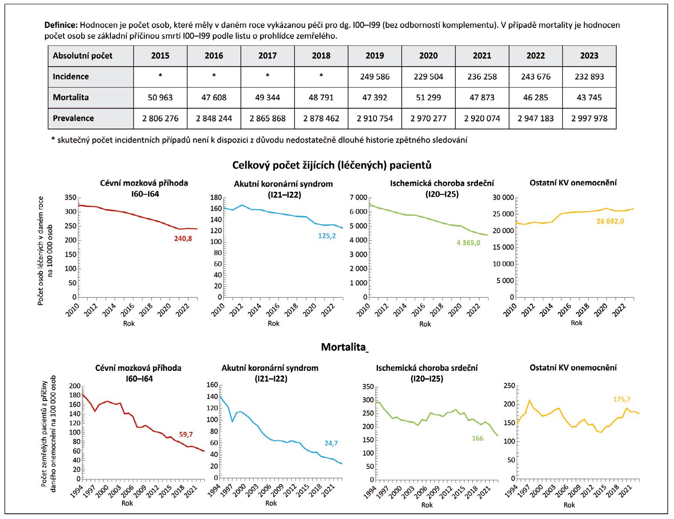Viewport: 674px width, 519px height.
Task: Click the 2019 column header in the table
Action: tap(375, 56)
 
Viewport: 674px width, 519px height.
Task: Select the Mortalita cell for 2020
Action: tap(428, 97)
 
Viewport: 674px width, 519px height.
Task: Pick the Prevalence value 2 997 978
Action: tap(589, 118)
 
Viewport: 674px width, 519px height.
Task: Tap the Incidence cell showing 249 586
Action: tap(375, 77)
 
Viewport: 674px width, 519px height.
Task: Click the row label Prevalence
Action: tap(73, 118)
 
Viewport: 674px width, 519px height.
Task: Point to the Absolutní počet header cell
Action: tap(82, 56)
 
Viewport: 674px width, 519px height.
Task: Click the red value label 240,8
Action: tap(183, 238)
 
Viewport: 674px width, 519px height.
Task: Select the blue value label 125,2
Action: tap(327, 236)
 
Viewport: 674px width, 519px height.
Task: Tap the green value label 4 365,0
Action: tap(468, 243)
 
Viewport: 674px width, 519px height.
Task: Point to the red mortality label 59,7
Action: tap(186, 434)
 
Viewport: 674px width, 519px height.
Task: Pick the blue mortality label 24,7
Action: tap(331, 444)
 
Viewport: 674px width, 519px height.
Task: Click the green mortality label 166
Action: tap(478, 438)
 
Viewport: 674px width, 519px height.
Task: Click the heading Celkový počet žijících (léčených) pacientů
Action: tap(332, 165)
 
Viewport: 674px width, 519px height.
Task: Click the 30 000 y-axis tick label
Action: tap(502, 197)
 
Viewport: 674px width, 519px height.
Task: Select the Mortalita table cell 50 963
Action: tap(160, 97)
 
